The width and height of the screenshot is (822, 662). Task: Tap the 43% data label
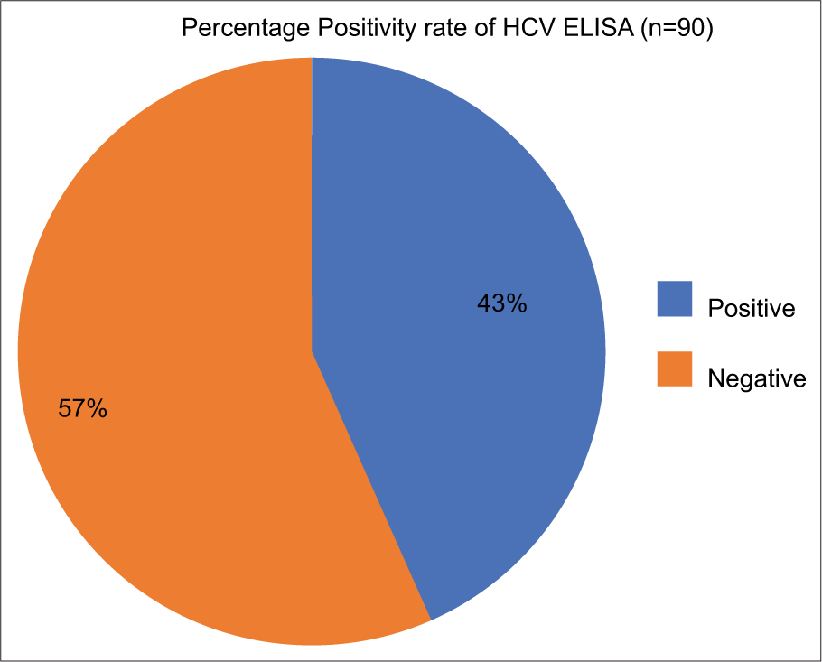[501, 304]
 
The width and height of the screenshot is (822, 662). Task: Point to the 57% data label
[83, 409]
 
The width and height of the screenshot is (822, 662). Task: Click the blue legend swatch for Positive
[674, 299]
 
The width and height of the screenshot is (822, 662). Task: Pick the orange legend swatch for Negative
[674, 369]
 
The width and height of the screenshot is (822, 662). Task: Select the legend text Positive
[751, 308]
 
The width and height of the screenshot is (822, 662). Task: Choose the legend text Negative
[756, 378]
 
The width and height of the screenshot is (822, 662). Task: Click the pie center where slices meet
[313, 352]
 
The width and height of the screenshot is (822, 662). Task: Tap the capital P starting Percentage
[189, 29]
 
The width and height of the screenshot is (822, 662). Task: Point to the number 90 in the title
[693, 29]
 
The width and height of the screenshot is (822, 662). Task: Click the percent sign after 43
[516, 304]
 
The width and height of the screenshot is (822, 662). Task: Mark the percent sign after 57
[98, 409]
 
